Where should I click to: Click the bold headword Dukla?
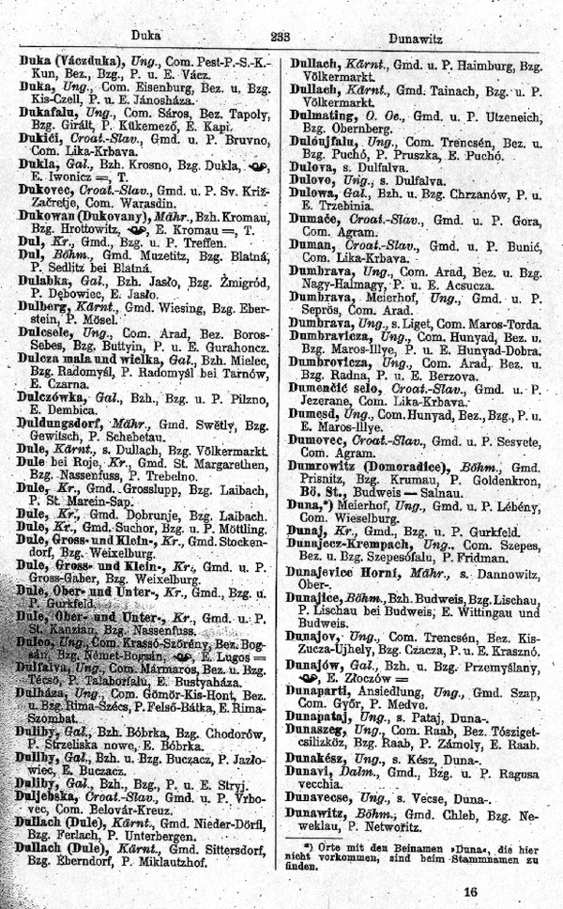click(x=38, y=161)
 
